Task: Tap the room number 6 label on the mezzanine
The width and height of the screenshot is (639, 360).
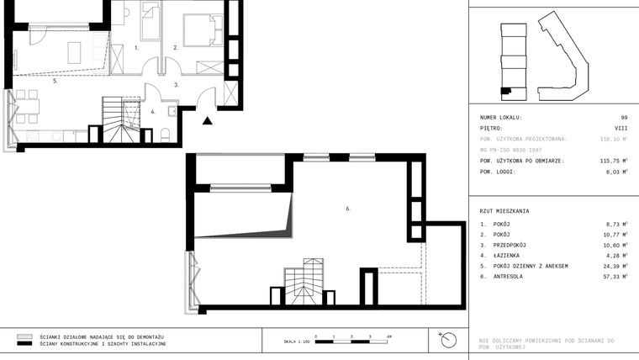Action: (x=347, y=208)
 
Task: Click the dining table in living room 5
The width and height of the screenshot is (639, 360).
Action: (x=28, y=104)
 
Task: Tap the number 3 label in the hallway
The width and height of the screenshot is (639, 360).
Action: (x=176, y=85)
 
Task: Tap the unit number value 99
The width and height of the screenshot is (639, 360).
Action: (x=624, y=118)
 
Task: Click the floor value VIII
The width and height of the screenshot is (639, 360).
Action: (x=621, y=129)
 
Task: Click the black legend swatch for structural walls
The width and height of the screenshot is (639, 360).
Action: (x=24, y=344)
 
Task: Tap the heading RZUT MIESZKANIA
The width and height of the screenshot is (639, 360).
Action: (x=504, y=211)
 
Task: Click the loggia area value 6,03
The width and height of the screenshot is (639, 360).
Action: (x=616, y=171)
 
